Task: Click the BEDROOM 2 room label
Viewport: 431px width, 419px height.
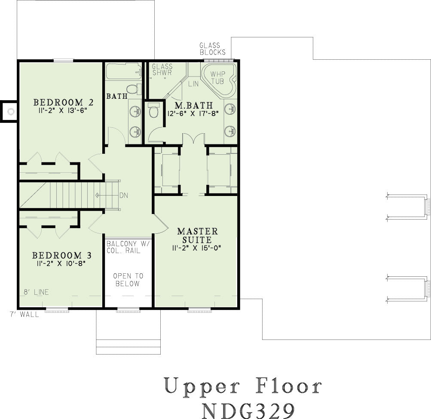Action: pos(64,103)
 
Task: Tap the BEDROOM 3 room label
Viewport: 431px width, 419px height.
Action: pos(62,255)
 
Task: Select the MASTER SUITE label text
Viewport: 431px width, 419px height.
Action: pos(198,235)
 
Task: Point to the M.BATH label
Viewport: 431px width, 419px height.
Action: pos(194,105)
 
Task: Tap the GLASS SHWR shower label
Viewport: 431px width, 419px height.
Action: pos(162,70)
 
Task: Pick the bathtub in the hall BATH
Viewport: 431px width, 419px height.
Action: pos(124,71)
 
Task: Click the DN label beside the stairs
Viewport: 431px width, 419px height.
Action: pos(124,196)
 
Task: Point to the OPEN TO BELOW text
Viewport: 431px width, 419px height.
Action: pos(128,280)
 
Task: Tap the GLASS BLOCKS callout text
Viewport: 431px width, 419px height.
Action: pos(212,49)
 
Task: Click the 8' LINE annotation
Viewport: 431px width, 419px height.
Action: pos(36,292)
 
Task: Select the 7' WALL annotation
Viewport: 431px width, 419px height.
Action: pos(24,314)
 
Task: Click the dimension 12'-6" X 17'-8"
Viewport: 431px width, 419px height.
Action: pos(193,113)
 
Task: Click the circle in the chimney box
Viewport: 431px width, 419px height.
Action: pos(11,112)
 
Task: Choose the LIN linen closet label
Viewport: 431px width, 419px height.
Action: pos(193,84)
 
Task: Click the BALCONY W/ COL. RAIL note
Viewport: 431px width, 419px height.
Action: pos(128,247)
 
